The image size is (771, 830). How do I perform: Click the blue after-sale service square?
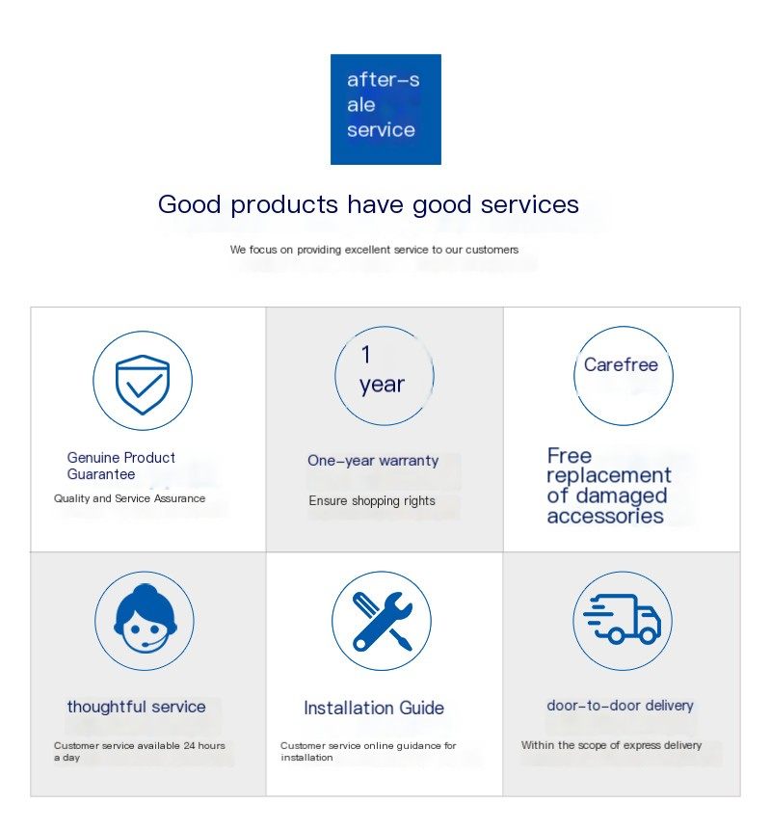pyautogui.click(x=385, y=109)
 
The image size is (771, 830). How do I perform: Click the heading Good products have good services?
pyautogui.click(x=368, y=205)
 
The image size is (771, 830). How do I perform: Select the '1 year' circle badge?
pyautogui.click(x=385, y=376)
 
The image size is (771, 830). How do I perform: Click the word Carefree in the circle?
pyautogui.click(x=621, y=364)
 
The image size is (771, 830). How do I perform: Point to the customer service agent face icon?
pyautogui.click(x=145, y=619)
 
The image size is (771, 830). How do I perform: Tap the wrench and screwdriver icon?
pyautogui.click(x=382, y=621)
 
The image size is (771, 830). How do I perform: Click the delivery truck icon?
pyautogui.click(x=623, y=618)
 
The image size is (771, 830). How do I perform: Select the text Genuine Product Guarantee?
pyautogui.click(x=120, y=466)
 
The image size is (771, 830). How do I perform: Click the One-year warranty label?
pyautogui.click(x=373, y=461)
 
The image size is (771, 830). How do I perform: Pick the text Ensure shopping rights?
pyautogui.click(x=372, y=500)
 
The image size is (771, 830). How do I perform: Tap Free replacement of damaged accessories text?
pyautogui.click(x=608, y=486)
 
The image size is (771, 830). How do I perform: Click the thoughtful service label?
pyautogui.click(x=137, y=707)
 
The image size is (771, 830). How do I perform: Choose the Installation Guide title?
pyautogui.click(x=374, y=708)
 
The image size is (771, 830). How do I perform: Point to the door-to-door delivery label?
pyautogui.click(x=621, y=706)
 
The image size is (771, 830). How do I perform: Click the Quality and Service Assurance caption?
pyautogui.click(x=130, y=498)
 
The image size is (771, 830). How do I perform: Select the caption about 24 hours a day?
pyautogui.click(x=139, y=751)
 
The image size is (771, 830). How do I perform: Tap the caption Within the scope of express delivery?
pyautogui.click(x=611, y=745)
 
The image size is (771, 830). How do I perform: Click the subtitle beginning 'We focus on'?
pyautogui.click(x=374, y=250)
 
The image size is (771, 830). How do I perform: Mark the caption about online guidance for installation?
pyautogui.click(x=368, y=751)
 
